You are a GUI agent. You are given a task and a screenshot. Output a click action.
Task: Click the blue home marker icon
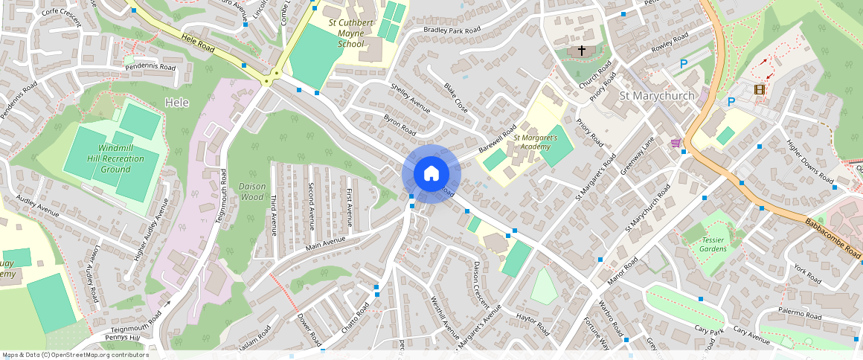pos(431,174)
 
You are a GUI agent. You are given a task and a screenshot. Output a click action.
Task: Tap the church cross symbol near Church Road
pos(582,51)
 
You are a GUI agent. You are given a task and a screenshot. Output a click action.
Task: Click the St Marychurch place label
pos(657,96)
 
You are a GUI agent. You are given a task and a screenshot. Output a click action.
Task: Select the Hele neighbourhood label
pos(177,103)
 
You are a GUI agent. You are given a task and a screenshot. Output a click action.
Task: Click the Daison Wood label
pos(252,191)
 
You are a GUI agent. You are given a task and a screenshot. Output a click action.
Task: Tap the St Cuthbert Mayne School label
pos(350,33)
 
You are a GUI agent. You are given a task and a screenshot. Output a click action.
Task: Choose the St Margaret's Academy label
pos(535,142)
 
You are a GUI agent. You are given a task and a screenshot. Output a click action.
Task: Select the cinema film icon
pos(759,90)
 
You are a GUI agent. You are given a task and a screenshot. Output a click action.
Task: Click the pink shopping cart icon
pos(676,143)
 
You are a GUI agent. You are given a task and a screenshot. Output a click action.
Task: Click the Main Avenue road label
pos(325,243)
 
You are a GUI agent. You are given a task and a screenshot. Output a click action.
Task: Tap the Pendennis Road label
pos(150,67)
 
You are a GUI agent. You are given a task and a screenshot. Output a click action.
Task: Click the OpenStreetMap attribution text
pos(75,355)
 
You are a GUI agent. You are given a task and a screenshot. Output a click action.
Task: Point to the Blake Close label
pos(456,97)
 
